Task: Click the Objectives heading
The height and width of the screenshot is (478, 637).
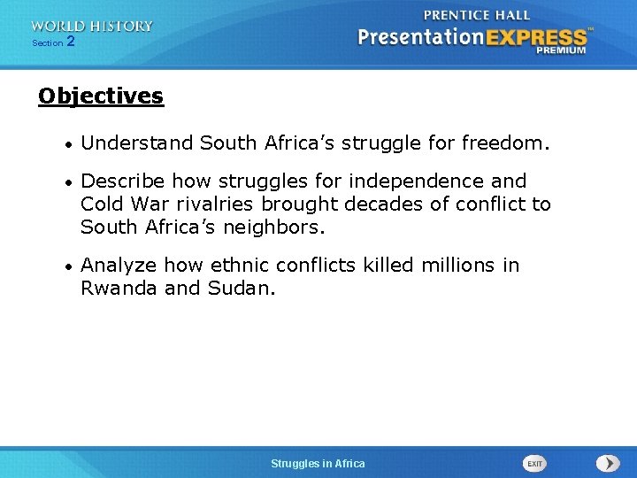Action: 101,96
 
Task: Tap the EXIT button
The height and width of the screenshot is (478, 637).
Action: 534,463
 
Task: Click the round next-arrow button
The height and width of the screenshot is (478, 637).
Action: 608,463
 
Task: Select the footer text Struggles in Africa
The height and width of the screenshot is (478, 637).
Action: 318,464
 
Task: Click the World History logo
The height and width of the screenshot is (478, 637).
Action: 91,26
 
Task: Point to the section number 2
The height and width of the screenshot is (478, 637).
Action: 71,42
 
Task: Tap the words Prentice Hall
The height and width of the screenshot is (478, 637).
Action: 477,15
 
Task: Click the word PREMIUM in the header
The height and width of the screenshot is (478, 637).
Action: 560,51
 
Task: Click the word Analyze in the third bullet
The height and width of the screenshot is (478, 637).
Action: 118,266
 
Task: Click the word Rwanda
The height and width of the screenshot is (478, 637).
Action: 119,289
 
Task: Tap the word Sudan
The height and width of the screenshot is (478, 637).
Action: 241,289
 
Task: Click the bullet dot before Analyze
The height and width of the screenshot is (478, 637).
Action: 67,266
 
